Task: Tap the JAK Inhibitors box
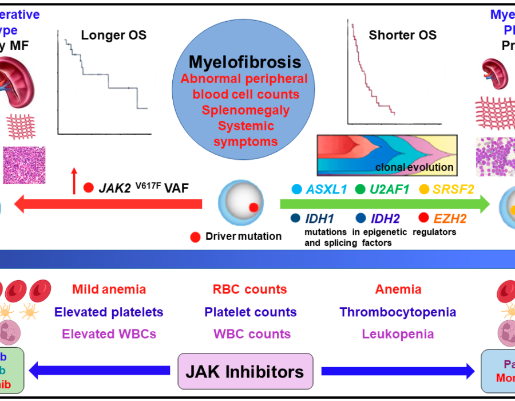click(245, 372)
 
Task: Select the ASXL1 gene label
click(327, 189)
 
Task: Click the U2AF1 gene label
click(390, 189)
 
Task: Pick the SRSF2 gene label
click(454, 189)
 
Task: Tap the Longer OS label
click(113, 35)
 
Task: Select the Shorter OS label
click(403, 35)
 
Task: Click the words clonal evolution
click(414, 168)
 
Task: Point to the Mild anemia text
click(109, 290)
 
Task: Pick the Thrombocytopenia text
click(398, 312)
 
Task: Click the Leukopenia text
click(398, 334)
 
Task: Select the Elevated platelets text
click(109, 312)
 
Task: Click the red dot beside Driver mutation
click(196, 236)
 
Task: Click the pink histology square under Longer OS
click(25, 165)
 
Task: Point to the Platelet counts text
click(250, 312)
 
